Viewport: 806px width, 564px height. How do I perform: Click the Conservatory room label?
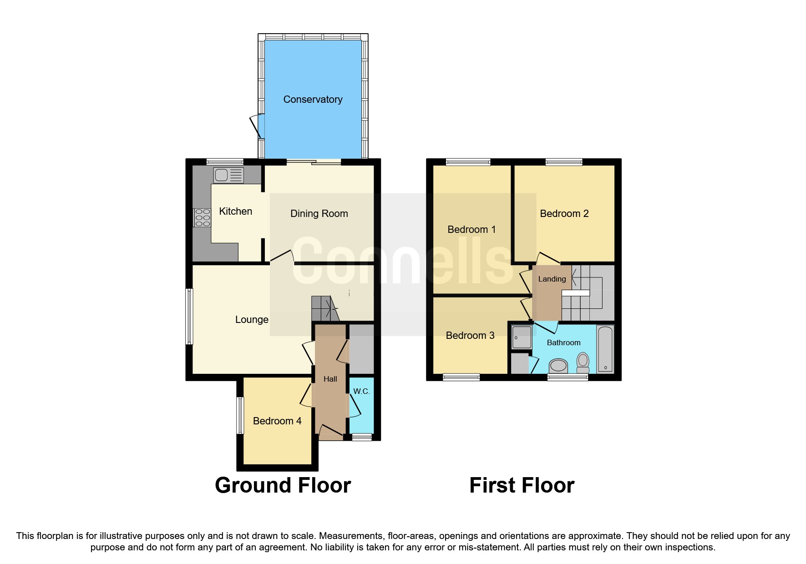coord(313,99)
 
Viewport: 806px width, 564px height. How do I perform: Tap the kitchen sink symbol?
coord(228,175)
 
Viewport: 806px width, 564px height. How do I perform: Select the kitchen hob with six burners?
coord(202,217)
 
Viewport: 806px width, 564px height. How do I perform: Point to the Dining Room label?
coord(319,213)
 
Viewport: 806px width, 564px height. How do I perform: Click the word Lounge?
coord(252,319)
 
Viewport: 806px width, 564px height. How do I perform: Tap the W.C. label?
coord(361,391)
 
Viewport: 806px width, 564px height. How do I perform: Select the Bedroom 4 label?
coord(277,421)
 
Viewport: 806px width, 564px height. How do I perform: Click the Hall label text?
coord(330,379)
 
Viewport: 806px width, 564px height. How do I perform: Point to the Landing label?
coord(552,279)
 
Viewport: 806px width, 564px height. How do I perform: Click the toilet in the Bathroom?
coord(583,362)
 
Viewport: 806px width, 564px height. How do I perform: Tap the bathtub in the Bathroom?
coord(605,348)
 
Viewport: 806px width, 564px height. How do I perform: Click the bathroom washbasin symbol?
coord(558,365)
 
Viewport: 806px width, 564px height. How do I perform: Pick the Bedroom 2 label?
coord(564,213)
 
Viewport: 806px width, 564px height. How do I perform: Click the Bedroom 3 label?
coord(470,335)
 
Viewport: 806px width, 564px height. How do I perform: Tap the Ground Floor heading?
coord(283,485)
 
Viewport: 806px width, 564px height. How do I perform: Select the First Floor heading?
coord(522,485)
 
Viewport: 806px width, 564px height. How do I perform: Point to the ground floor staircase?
coord(324,309)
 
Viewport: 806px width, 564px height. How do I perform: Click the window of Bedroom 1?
coord(468,162)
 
